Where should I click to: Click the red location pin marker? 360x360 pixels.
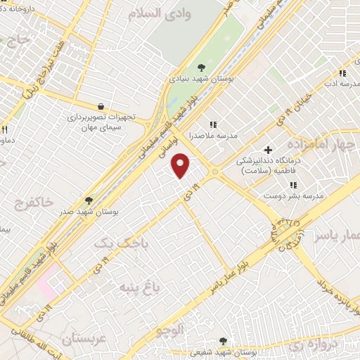tap(181, 165)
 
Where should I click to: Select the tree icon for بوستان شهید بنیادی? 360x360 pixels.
tap(202, 67)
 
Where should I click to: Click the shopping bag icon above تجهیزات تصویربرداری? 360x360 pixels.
tap(103, 107)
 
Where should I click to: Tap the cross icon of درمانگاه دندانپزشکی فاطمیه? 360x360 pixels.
tap(268, 149)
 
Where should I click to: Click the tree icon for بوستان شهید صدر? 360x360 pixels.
tap(88, 200)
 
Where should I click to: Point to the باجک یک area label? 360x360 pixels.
tap(113, 243)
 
